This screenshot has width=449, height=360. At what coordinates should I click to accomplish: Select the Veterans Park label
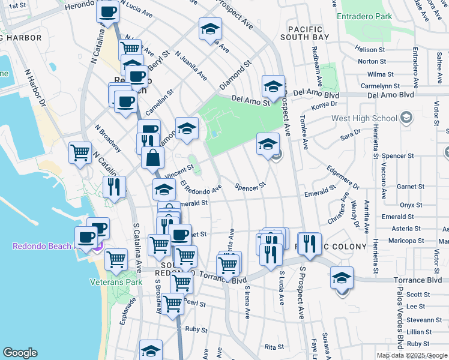click(116, 281)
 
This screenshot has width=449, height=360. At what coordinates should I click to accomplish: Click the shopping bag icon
click(153, 158)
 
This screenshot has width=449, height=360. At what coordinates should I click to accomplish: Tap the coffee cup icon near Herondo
click(108, 11)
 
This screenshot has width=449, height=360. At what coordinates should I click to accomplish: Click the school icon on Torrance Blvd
click(342, 278)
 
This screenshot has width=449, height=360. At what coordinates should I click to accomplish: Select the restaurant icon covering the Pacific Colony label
click(309, 244)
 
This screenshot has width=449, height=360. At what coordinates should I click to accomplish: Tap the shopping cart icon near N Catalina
click(80, 152)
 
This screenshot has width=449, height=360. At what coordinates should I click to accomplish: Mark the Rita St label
click(274, 347)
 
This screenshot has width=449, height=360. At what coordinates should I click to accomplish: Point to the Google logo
click(20, 353)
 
